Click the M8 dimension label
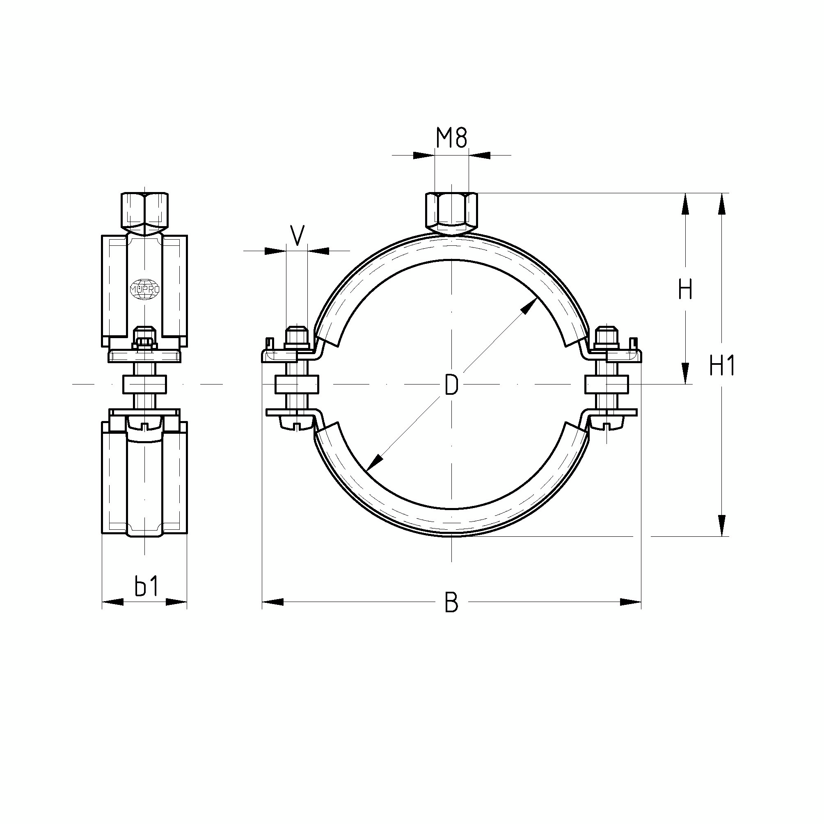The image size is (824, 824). pyautogui.click(x=452, y=138)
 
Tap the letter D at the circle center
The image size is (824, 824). pyautogui.click(x=451, y=384)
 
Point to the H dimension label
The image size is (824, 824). pyautogui.click(x=685, y=290)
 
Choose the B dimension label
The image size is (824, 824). pyautogui.click(x=451, y=602)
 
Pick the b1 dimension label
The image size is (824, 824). pyautogui.click(x=146, y=586)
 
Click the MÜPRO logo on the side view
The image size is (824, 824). pyautogui.click(x=145, y=289)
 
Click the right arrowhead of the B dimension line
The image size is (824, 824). pyautogui.click(x=630, y=602)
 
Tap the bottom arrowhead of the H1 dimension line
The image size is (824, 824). pyautogui.click(x=721, y=525)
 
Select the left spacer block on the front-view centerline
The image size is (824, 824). pyautogui.click(x=297, y=384)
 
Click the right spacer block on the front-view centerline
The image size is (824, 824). pyautogui.click(x=607, y=384)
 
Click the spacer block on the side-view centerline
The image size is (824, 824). pyautogui.click(x=145, y=384)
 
